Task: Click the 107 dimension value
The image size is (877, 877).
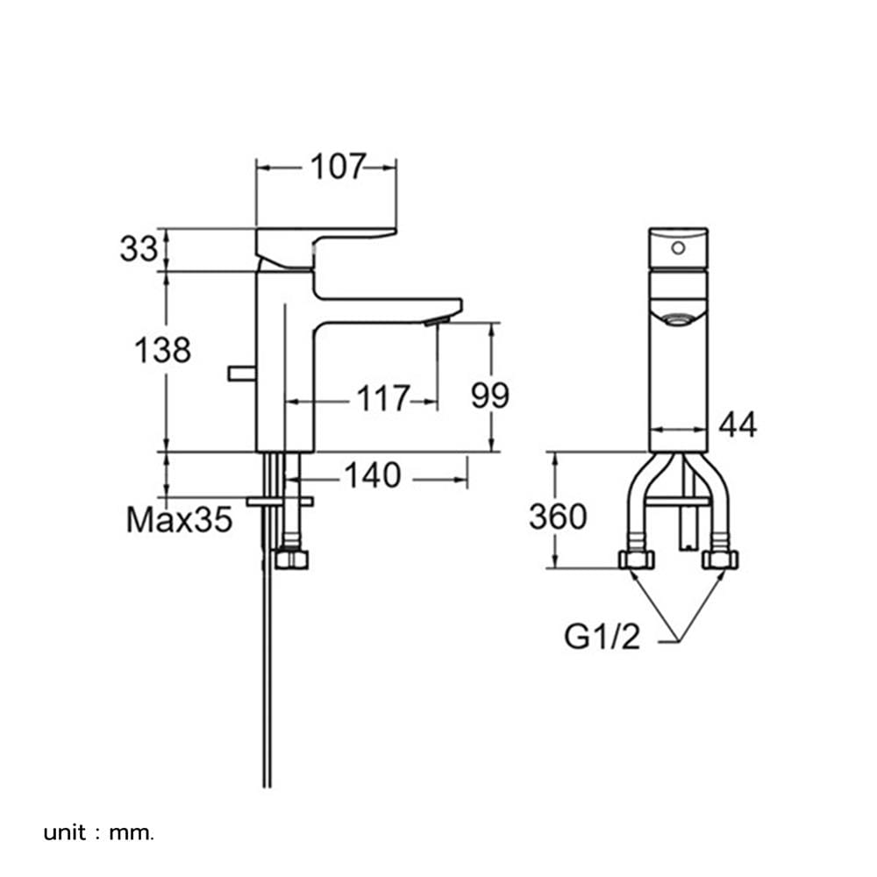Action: [338, 167]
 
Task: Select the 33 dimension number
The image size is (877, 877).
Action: [139, 249]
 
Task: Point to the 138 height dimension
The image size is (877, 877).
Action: [163, 351]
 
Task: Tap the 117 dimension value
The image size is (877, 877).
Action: [383, 398]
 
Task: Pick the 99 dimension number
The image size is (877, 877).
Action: [490, 396]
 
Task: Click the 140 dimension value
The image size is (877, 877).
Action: [373, 475]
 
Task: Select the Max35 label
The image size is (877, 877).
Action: [179, 519]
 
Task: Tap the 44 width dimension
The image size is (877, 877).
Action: [738, 424]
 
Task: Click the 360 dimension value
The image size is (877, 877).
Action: [558, 517]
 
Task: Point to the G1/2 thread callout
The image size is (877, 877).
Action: [602, 637]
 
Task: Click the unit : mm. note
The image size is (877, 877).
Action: [98, 833]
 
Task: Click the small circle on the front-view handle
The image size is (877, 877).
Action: [679, 248]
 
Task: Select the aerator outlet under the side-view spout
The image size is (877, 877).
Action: [435, 321]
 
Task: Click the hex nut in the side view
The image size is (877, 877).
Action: [292, 560]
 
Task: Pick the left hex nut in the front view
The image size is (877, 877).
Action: [637, 560]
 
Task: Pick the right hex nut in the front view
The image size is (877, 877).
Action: [720, 560]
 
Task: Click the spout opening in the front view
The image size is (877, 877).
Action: [678, 320]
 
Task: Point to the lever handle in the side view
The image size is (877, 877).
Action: [326, 248]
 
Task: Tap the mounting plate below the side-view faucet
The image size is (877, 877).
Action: [280, 501]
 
